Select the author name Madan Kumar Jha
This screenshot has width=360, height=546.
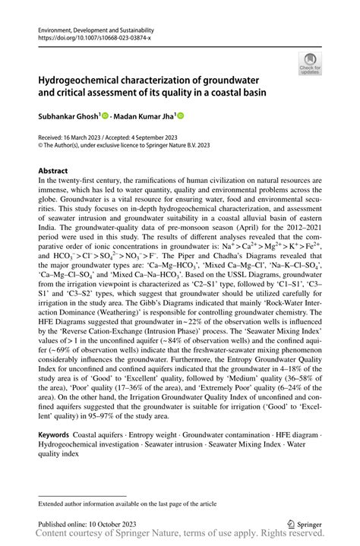pos(144,116)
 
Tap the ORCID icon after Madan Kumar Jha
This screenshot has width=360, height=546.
pos(181,116)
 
